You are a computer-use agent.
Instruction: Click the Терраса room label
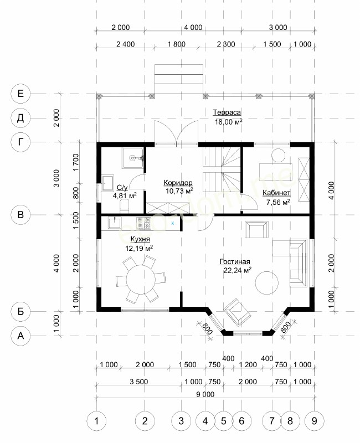tap(227, 112)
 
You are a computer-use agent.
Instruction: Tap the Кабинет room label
tap(276, 193)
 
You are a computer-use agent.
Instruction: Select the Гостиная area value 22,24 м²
tap(238, 270)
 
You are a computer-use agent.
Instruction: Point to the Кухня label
tap(140, 239)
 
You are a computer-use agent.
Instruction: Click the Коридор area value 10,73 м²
tap(179, 191)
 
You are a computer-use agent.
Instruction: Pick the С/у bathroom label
tap(122, 188)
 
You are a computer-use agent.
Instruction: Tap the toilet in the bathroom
tap(124, 206)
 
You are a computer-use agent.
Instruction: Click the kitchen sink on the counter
tap(115, 223)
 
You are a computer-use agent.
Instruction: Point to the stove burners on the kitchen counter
tap(144, 223)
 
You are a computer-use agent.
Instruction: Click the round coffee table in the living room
tap(267, 283)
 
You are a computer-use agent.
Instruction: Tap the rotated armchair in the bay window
tap(238, 312)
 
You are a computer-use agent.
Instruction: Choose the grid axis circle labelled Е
tap(20, 94)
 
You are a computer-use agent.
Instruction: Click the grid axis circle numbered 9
tap(315, 421)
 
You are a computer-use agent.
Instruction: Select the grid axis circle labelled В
tap(20, 215)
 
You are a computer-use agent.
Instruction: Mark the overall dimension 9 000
tap(205, 394)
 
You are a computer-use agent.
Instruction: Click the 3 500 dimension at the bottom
tap(139, 382)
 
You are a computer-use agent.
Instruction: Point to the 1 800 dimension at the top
tap(176, 44)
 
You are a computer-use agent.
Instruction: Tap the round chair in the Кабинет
tap(279, 156)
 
